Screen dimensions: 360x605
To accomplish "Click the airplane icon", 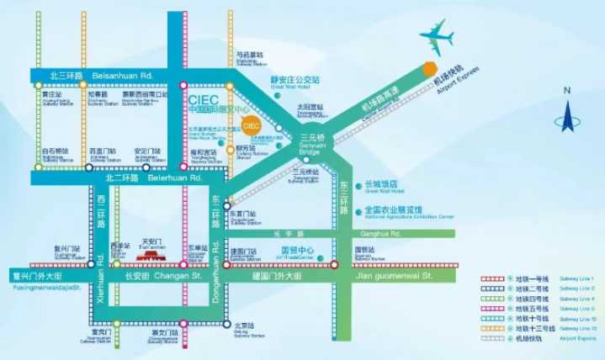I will pyautogui.click(x=438, y=36).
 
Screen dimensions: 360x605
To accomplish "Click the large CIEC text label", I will pyautogui.click(x=204, y=100).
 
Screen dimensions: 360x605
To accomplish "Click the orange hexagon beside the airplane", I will pyautogui.click(x=430, y=67).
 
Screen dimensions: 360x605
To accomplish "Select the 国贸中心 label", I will pyautogui.click(x=297, y=251).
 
